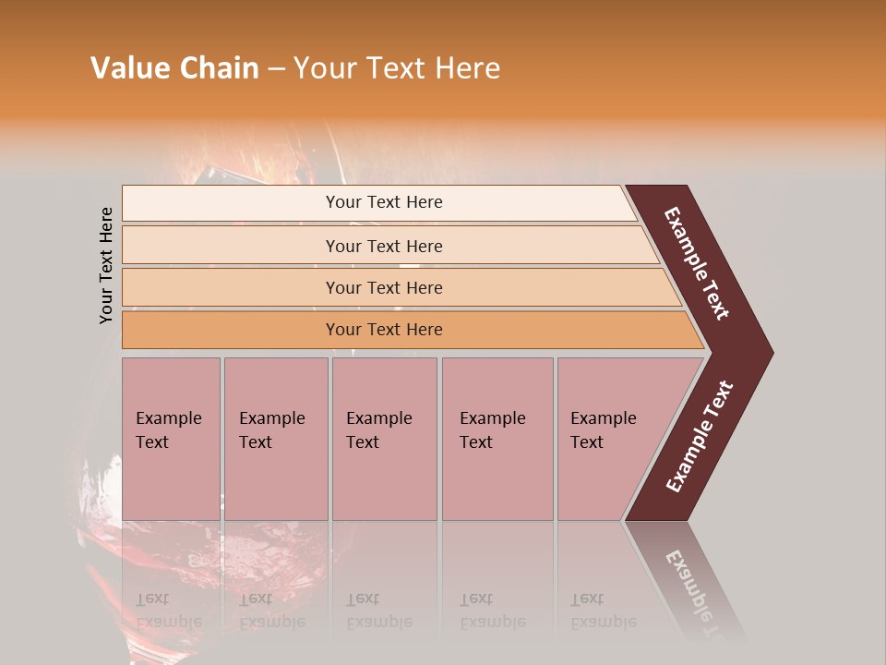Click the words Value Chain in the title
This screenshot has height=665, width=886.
coord(174,68)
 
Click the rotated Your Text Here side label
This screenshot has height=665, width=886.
coord(106,265)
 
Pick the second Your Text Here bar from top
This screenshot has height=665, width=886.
coord(384,246)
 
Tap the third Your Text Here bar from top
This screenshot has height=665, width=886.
coord(384,287)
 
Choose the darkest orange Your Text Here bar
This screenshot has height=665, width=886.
coord(384,330)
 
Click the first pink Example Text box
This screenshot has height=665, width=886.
coord(171,439)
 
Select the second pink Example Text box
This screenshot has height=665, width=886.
coord(275,439)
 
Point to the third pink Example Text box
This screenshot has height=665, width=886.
coord(383,439)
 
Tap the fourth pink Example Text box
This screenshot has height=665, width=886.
coord(497,439)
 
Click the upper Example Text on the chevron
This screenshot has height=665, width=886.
coord(698,263)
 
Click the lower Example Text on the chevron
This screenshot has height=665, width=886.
coord(700,436)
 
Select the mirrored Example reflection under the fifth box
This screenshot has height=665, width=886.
coord(603,622)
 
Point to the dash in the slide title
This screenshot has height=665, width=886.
coord(276,69)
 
